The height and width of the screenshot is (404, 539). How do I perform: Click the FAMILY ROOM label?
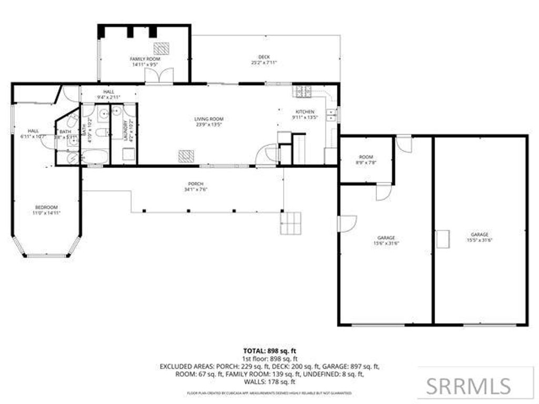click(x=145, y=59)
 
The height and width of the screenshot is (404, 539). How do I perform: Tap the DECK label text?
click(x=264, y=57)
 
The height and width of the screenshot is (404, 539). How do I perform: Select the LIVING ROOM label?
click(x=209, y=119)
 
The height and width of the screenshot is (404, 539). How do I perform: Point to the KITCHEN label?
click(x=305, y=112)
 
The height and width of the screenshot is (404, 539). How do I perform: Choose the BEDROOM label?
click(x=46, y=207)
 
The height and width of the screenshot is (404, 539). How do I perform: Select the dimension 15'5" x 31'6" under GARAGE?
click(x=480, y=240)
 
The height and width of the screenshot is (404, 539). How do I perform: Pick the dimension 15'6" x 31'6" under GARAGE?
click(x=386, y=243)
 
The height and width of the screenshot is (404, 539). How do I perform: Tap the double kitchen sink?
click(x=331, y=114)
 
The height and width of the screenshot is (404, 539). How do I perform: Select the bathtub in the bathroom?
click(x=95, y=157)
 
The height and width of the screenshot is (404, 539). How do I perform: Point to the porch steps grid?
click(x=291, y=223)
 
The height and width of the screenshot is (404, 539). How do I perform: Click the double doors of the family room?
click(x=159, y=77)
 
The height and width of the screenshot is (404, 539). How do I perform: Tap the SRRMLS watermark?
click(x=468, y=386)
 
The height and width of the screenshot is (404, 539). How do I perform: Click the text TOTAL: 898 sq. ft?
click(x=269, y=350)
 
